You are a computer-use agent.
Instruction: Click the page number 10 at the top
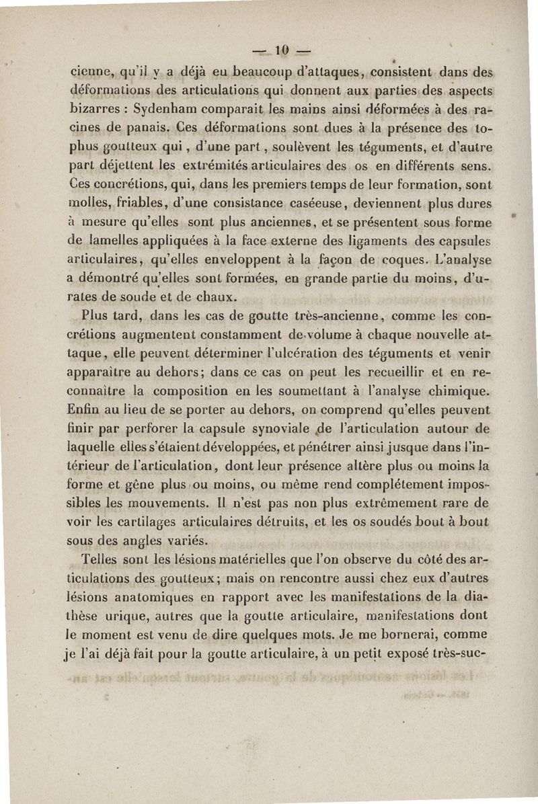click(282, 49)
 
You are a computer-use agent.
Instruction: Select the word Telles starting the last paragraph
click(99, 559)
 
